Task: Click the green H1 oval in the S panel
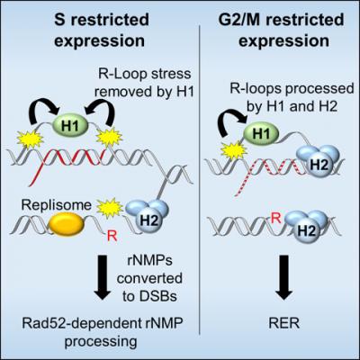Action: [x=70, y=126]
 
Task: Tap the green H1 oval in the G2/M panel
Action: [x=261, y=134]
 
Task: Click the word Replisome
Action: [x=57, y=205]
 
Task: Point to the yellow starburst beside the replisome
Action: [x=111, y=208]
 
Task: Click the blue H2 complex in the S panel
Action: [x=148, y=215]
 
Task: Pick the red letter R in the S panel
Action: [x=112, y=237]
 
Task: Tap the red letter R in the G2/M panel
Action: [x=276, y=219]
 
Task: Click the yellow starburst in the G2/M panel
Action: [x=234, y=151]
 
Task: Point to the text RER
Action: [x=284, y=324]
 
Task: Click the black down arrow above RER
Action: [x=284, y=277]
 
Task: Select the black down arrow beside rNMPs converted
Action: [x=103, y=277]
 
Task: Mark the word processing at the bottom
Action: [x=101, y=342]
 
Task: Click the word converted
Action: [x=149, y=278]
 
